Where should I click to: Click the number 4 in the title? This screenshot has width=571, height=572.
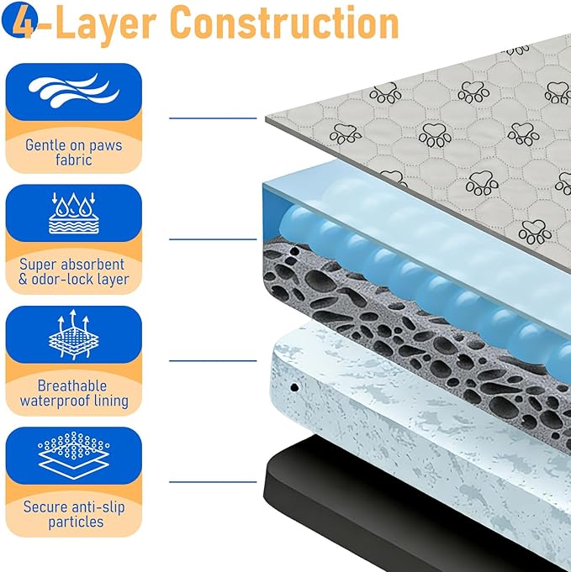pos(24,22)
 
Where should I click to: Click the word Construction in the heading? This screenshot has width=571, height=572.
pos(284,23)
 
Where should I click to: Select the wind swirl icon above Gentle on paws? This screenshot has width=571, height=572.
pos(73,90)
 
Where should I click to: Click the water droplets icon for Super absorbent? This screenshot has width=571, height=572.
pos(73,213)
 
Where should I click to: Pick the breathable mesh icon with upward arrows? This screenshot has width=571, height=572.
pos(73,334)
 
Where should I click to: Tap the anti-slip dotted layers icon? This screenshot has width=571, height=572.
pos(73,455)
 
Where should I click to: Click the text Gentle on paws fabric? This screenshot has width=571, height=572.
pos(73,153)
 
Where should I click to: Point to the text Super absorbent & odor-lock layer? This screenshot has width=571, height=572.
pos(73,272)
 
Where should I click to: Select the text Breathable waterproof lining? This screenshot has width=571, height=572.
pos(74,393)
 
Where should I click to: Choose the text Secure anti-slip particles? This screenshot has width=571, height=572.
pos(74,514)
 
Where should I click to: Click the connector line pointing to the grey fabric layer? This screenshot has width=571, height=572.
pos(213,118)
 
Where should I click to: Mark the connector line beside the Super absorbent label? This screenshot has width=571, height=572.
pos(213,239)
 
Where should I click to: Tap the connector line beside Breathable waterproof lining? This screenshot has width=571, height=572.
pos(213,361)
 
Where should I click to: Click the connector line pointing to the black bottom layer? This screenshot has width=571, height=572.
pos(213,482)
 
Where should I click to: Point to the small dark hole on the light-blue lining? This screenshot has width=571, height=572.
pos(294,387)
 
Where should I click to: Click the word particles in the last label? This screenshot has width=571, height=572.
pos(76,522)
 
